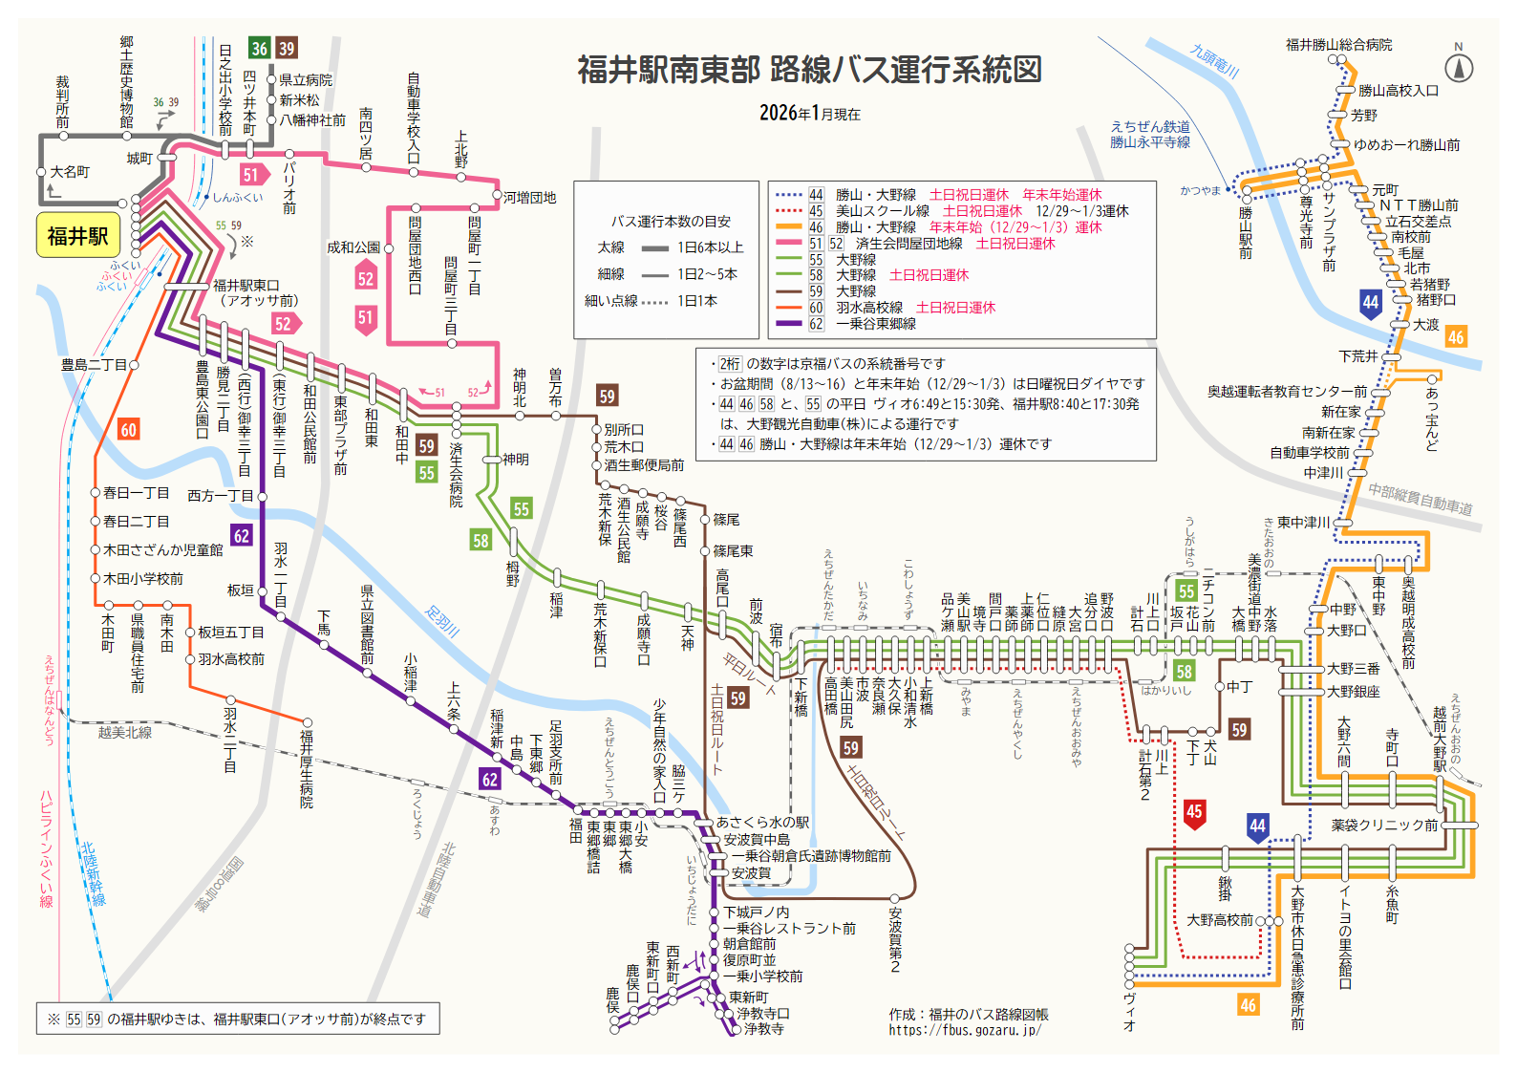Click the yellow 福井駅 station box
(77, 236)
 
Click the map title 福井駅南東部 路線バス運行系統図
(809, 70)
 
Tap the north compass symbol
(1458, 68)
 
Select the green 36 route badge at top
(259, 48)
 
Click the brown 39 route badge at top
(287, 48)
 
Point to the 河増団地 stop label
(529, 198)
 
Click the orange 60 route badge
(128, 430)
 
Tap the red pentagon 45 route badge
(1193, 812)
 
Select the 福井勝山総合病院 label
(1338, 45)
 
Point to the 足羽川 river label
(442, 621)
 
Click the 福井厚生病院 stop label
(307, 769)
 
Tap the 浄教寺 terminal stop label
(763, 1029)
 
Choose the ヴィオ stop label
(1129, 1011)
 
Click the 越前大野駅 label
(1440, 739)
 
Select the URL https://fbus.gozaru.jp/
(965, 1030)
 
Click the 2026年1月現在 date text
(809, 114)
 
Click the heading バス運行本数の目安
(671, 222)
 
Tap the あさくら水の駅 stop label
(762, 823)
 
